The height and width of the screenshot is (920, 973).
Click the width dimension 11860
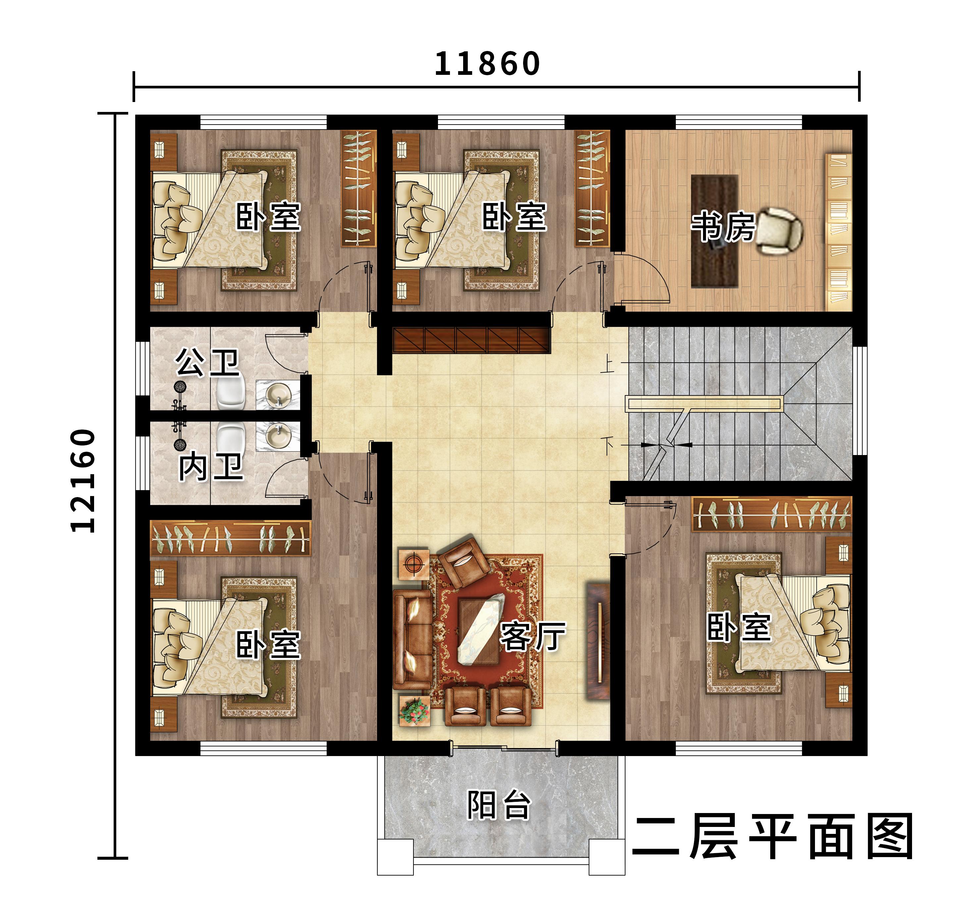[x=487, y=64]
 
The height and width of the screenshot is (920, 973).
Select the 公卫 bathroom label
[x=207, y=362]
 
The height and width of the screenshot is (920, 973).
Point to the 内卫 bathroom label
[x=210, y=467]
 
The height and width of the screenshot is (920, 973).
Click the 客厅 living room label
[x=533, y=636]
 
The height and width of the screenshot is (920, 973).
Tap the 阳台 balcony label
[x=499, y=805]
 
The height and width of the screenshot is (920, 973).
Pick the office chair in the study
[x=779, y=231]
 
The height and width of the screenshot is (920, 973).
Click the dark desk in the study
[x=714, y=231]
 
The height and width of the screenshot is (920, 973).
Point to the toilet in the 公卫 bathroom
[x=231, y=392]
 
